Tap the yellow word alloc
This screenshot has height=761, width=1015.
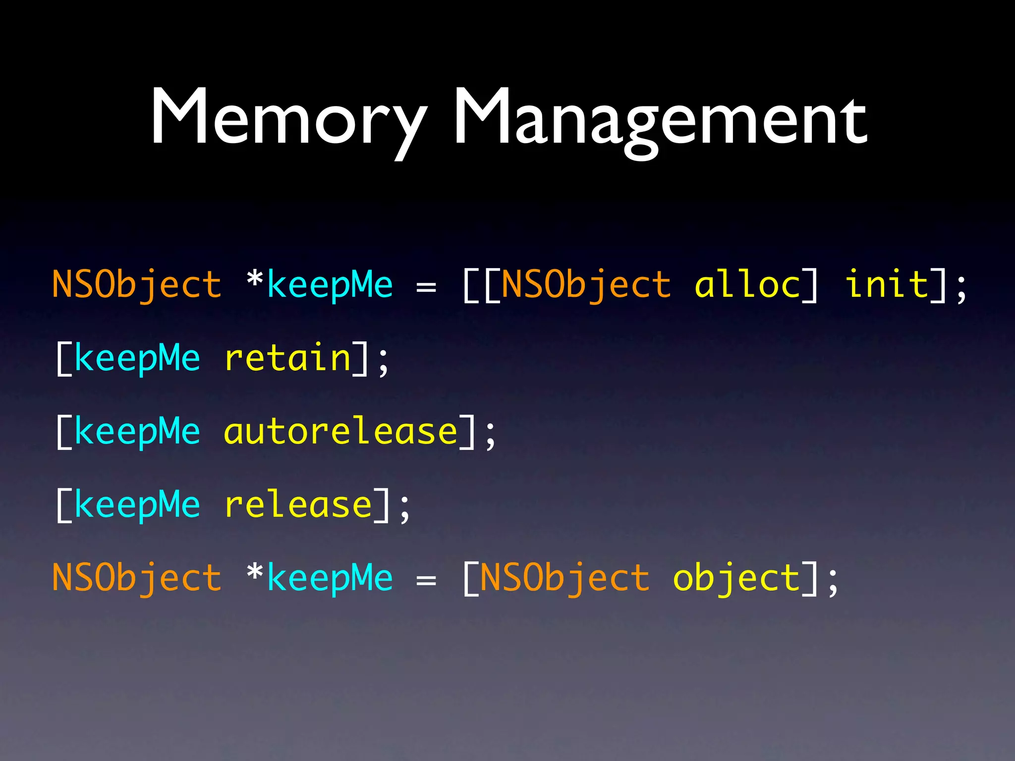[x=747, y=284]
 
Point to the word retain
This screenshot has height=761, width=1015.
[x=288, y=358]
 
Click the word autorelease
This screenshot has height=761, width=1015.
[x=340, y=431]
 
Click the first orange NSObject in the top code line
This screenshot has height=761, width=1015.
[x=137, y=284]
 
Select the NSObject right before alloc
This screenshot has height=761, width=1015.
[x=586, y=284]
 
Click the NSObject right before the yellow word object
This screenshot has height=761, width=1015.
[x=564, y=578]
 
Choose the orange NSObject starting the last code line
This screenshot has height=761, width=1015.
[x=137, y=578]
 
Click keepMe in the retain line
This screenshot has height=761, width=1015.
[x=137, y=358]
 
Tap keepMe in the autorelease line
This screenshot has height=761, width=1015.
[x=137, y=431]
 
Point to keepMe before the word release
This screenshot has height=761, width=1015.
[x=137, y=504]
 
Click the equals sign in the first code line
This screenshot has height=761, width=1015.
[x=426, y=287]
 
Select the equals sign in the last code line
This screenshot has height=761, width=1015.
[x=426, y=580]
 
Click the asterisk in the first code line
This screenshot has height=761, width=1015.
[x=255, y=280]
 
